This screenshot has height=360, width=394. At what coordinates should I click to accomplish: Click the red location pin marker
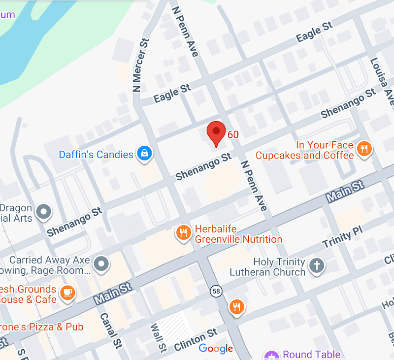[x=216, y=132]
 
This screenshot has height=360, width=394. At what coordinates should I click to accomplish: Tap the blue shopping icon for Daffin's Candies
[x=145, y=154]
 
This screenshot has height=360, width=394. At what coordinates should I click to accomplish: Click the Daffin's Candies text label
[x=96, y=155]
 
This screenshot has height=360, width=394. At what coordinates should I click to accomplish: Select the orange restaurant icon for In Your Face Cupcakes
[x=364, y=149]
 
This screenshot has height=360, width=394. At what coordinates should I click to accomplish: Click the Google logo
[x=216, y=349]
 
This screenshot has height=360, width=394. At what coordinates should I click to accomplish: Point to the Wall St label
[x=158, y=338]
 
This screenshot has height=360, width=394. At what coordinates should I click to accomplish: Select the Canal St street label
[x=110, y=329]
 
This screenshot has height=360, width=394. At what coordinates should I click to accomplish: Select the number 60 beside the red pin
[x=233, y=134]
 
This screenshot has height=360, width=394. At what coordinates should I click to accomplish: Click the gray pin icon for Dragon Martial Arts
[x=45, y=212]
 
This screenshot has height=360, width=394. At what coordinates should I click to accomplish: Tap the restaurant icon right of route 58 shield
[x=237, y=307]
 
